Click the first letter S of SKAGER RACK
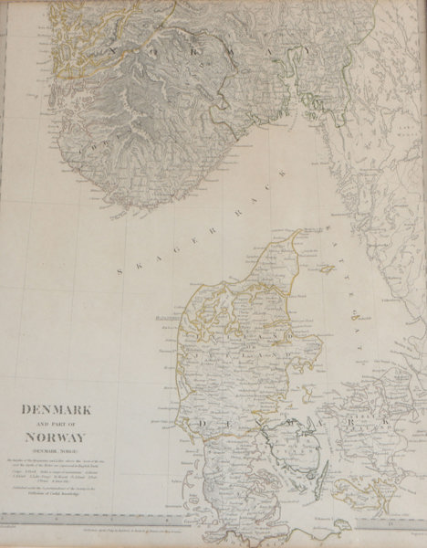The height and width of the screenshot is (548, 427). [121, 271]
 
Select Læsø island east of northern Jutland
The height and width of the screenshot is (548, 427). [325, 272]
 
